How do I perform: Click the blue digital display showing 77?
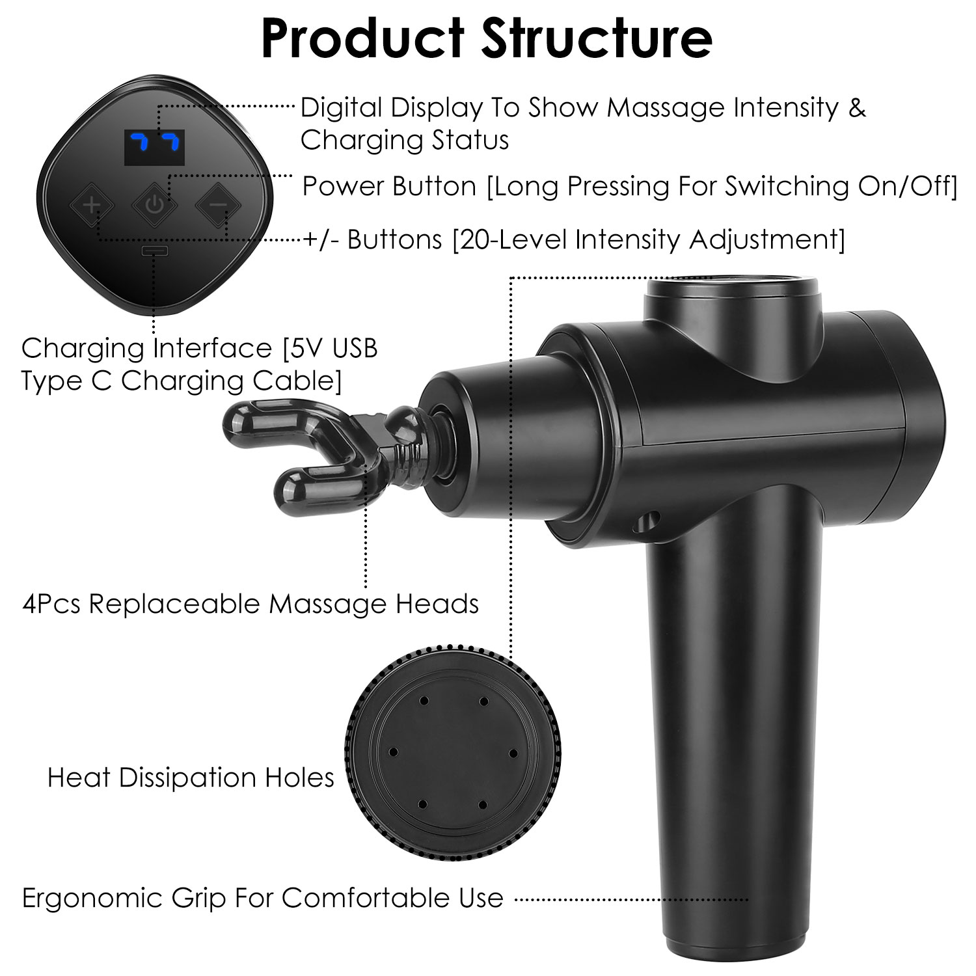(x=154, y=148)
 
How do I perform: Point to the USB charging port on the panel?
(x=155, y=251)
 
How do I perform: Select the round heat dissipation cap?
(x=453, y=752)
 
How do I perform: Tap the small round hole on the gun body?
(x=649, y=520)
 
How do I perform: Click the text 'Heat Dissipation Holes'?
(x=191, y=778)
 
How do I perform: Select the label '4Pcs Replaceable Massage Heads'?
(x=251, y=604)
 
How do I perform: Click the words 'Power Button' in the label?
(x=390, y=186)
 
